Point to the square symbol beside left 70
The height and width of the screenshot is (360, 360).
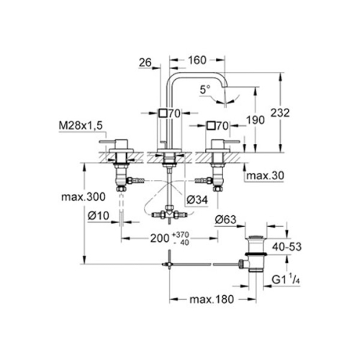point(164,112)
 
